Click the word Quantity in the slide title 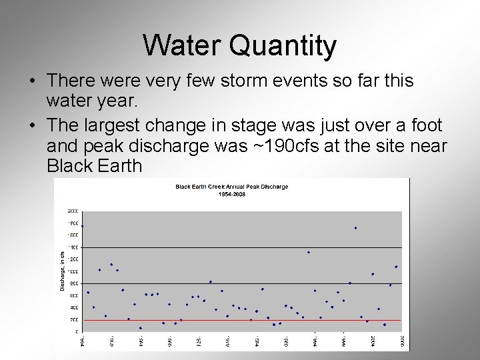283,47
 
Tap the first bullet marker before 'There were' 32,81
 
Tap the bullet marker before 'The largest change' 32,126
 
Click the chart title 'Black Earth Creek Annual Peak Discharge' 231,187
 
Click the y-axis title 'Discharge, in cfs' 63,270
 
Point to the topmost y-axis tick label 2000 72,211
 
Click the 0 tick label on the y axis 75,331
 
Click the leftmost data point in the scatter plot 82,226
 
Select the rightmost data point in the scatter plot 396,267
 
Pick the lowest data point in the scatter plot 140,328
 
